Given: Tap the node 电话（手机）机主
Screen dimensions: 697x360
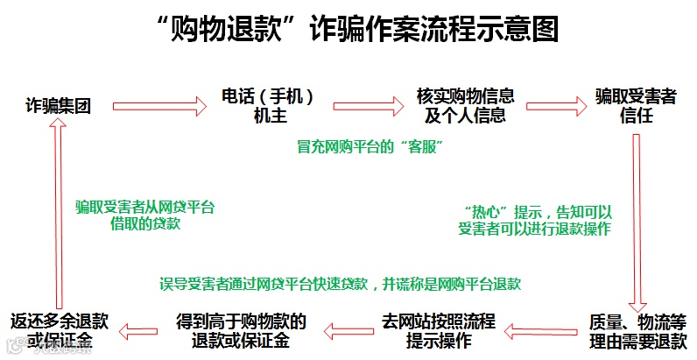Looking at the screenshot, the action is (266, 106).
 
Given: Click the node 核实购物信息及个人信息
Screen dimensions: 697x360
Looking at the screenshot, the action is (464, 106).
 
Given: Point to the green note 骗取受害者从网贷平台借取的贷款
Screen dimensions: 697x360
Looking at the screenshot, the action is (145, 215).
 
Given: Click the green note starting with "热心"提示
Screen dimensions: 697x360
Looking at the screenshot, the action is (534, 220).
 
